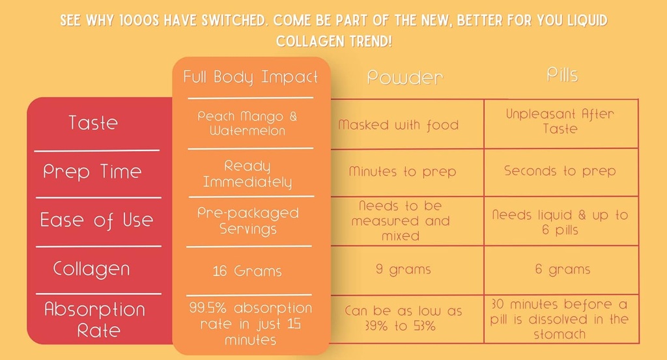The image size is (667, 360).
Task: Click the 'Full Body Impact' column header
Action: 251,77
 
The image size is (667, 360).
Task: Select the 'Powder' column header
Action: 404,77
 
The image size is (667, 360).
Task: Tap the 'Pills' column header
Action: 561,75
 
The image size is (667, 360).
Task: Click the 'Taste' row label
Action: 93,122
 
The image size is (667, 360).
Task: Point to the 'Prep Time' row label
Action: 92,172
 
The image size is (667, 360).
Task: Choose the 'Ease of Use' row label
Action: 96,220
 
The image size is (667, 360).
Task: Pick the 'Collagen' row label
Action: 92,269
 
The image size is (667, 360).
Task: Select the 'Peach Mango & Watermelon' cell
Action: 248,123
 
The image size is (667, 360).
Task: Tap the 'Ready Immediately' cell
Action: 248,174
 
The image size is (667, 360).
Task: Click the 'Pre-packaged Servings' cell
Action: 248,221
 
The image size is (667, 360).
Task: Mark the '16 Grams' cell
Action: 248,271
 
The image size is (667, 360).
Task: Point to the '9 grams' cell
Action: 403,269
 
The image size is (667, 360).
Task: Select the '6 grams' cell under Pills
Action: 562,269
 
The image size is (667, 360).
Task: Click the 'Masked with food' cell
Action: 398,124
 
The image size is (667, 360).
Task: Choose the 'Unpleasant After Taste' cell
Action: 560,120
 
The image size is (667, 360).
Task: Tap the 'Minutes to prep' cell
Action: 403,172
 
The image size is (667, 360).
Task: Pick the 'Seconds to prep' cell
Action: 560,171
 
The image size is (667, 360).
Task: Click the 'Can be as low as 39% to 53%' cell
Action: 403,318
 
